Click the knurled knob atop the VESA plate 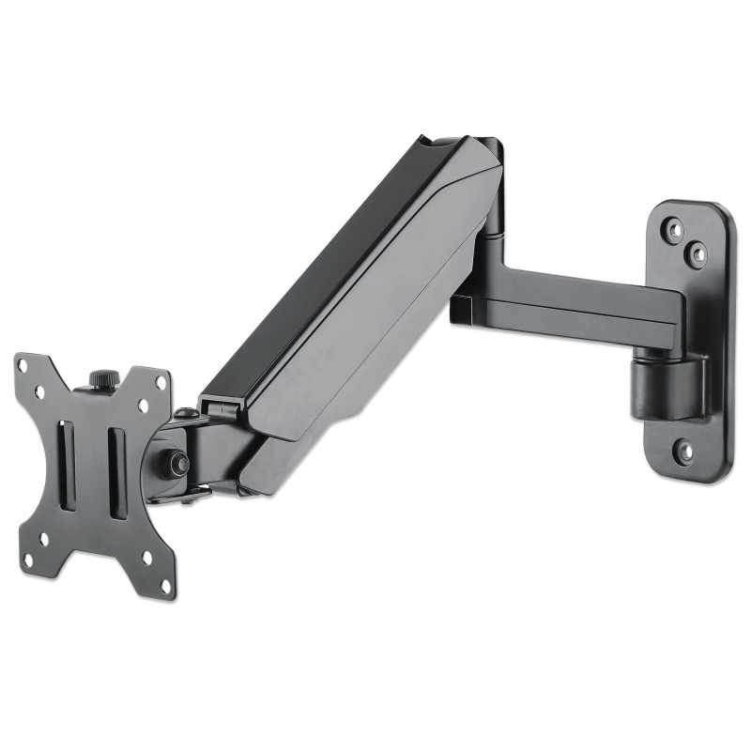pos(99,379)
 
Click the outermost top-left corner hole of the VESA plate pos(26,369)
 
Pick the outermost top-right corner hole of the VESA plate pos(161,384)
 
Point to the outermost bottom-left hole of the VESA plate pos(27,560)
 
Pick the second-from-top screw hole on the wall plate pos(696,251)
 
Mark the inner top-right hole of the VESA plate pos(143,405)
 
